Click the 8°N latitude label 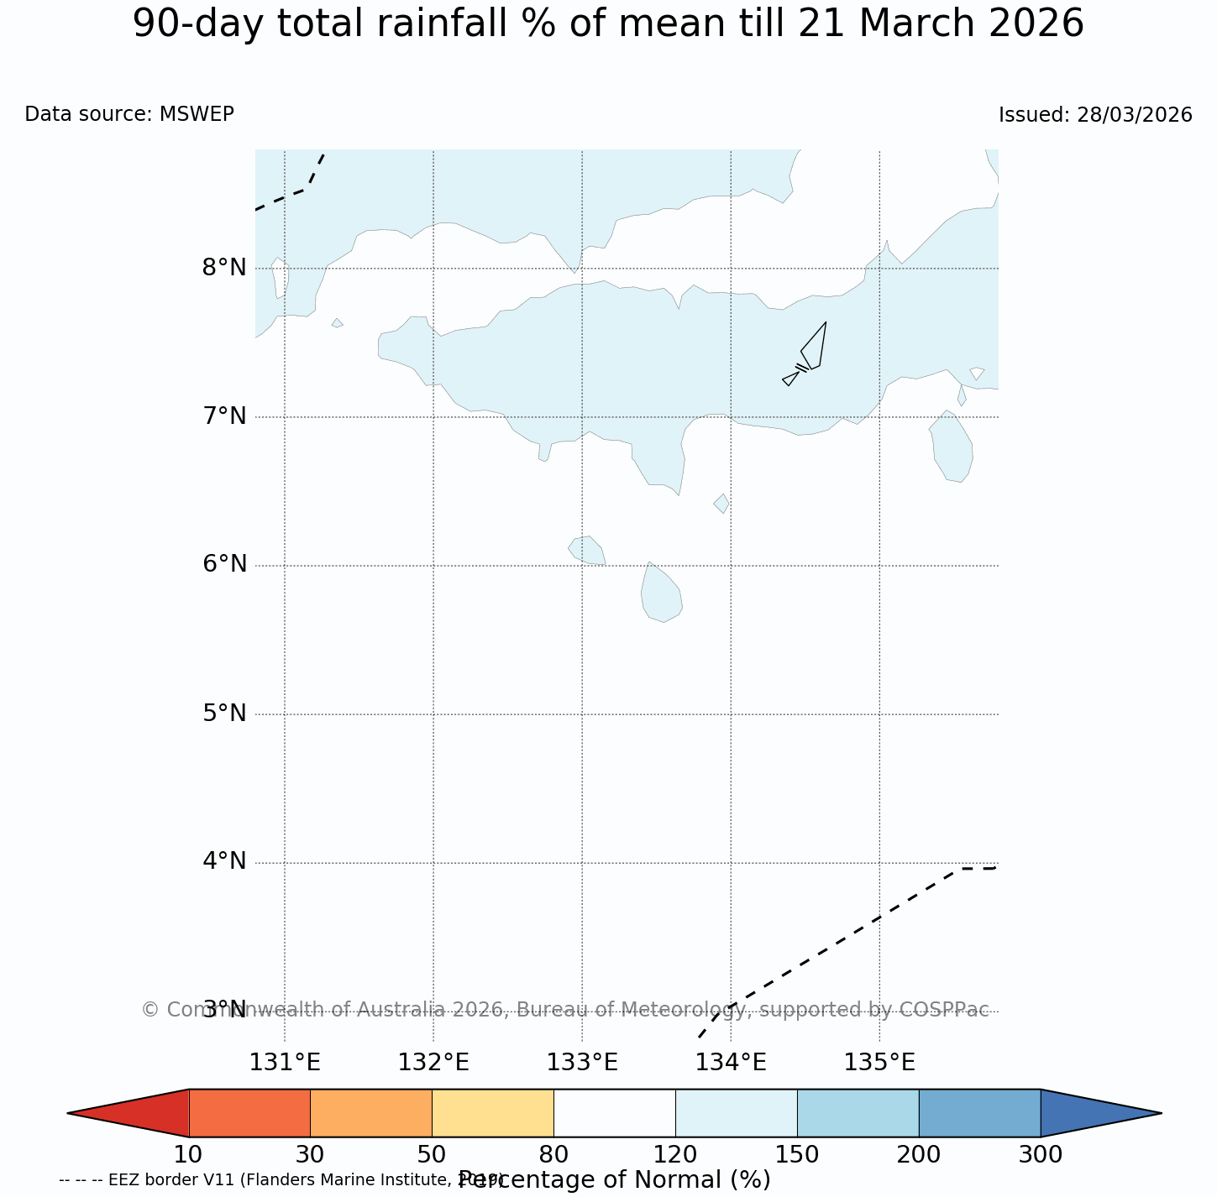click(x=223, y=268)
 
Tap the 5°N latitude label click(x=223, y=713)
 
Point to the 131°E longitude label click(x=285, y=1063)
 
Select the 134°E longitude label click(x=731, y=1063)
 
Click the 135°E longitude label click(x=879, y=1063)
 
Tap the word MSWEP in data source click(x=197, y=114)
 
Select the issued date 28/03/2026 click(x=1135, y=115)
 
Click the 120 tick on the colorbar click(x=675, y=1155)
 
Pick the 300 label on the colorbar click(x=1040, y=1155)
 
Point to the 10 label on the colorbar click(x=188, y=1155)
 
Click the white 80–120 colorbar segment click(x=614, y=1113)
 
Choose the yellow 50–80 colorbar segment click(x=492, y=1113)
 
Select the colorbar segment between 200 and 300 click(x=979, y=1113)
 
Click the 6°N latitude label click(x=223, y=564)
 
